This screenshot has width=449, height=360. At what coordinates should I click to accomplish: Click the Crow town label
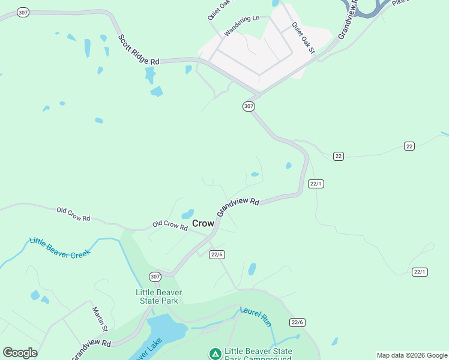[x=203, y=223]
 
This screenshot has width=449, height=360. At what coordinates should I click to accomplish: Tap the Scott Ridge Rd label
[x=139, y=50]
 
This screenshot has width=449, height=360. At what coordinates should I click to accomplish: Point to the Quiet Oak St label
[x=303, y=37]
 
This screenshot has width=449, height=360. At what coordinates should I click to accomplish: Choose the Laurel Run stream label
[x=256, y=317]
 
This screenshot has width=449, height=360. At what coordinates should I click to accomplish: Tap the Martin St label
[x=100, y=319]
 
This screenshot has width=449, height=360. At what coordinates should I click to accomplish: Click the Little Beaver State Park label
[x=158, y=296]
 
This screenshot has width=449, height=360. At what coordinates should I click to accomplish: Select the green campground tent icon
[x=215, y=353]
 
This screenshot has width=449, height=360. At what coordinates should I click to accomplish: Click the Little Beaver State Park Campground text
[x=258, y=355]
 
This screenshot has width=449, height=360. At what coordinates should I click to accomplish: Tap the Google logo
[x=20, y=353]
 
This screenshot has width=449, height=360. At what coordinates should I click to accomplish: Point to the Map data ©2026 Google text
[x=411, y=355]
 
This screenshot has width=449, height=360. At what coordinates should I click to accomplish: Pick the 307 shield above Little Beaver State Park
[x=155, y=277]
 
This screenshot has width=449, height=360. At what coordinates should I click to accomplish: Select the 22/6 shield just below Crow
[x=217, y=254]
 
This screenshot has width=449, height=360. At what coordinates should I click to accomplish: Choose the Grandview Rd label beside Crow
[x=238, y=208]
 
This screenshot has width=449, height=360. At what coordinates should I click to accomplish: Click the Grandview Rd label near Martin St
[x=91, y=350]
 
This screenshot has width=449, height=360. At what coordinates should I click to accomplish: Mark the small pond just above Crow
[x=188, y=214]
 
